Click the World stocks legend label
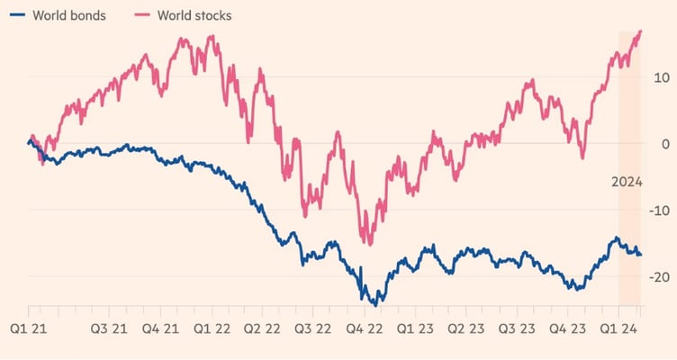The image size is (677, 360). tap(193, 15)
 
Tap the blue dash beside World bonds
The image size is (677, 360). tap(14, 15)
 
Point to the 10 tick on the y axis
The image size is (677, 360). tap(661, 77)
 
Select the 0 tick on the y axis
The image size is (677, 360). tap(665, 144)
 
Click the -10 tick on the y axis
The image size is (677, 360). tap(659, 211)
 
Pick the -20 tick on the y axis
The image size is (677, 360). tap(659, 277)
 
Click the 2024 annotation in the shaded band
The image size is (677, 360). tap(627, 183)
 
